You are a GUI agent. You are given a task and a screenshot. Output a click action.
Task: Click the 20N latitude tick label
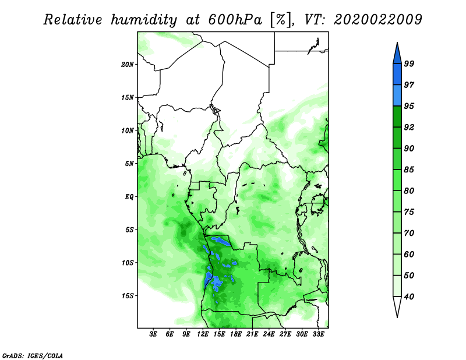[x=128, y=65]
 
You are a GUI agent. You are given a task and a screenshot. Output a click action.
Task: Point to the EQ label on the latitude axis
[x=129, y=197]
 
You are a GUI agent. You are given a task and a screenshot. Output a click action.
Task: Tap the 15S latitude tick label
[x=128, y=296]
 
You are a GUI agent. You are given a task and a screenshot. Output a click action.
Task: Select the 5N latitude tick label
[x=129, y=164]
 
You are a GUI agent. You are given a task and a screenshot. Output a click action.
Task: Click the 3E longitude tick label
[x=153, y=334]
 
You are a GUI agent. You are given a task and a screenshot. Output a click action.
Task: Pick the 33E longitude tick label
[x=318, y=334]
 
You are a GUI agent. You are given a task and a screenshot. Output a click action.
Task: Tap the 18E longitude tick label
[x=236, y=334]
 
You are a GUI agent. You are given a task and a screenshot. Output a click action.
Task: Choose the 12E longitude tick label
[x=203, y=334]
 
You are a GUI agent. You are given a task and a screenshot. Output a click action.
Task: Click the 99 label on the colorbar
[x=409, y=63]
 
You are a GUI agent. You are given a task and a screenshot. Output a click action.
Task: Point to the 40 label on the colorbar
[x=409, y=297]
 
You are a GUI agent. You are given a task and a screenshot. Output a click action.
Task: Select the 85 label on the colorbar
[x=409, y=170]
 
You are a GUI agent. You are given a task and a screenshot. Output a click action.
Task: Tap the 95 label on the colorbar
[x=409, y=106]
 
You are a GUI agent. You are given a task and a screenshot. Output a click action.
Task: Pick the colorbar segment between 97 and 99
[x=397, y=75]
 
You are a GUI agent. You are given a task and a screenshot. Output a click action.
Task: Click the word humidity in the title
[x=144, y=20]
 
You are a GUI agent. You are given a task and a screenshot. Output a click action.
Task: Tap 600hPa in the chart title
[x=235, y=20]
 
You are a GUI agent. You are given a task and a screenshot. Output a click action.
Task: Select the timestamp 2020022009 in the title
[x=377, y=20]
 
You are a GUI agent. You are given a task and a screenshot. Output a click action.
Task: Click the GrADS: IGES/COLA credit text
[x=33, y=355]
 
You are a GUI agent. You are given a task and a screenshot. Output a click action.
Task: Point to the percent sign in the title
[x=281, y=20]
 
